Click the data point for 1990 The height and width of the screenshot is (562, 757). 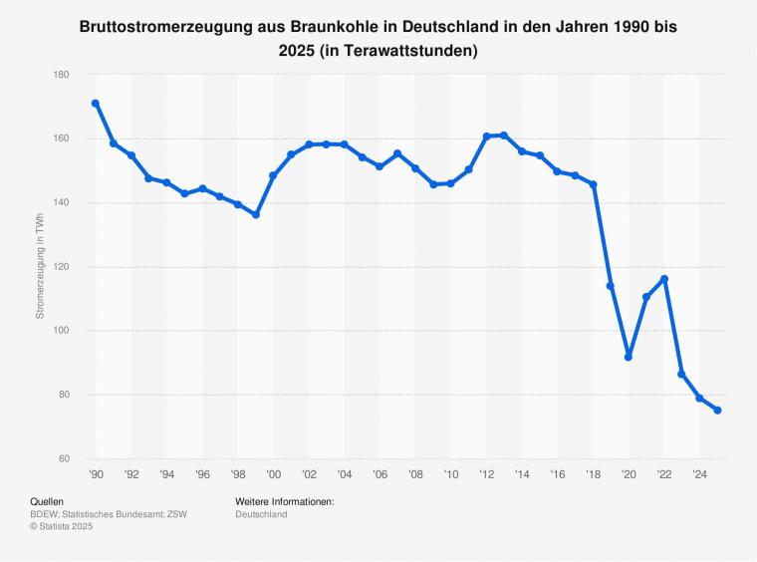[x=96, y=104]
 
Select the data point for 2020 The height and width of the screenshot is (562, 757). [x=629, y=357]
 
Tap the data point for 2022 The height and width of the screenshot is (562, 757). [x=664, y=279]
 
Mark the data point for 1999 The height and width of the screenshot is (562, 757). [x=256, y=215]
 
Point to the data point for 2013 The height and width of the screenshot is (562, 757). [x=504, y=136]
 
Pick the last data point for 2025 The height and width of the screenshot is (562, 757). [x=717, y=411]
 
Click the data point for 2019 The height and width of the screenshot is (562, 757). [x=611, y=286]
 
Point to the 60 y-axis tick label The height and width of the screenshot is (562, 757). [x=63, y=458]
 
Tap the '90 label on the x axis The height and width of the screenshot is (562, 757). [x=96, y=475]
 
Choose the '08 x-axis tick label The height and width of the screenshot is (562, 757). [x=415, y=475]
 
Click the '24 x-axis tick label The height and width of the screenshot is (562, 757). [x=699, y=475]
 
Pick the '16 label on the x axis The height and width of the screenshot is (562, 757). [x=558, y=475]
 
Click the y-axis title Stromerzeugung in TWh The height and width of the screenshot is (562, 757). [x=40, y=267]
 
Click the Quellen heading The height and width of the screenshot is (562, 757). [x=48, y=501]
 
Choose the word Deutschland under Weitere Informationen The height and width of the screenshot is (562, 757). [x=261, y=514]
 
